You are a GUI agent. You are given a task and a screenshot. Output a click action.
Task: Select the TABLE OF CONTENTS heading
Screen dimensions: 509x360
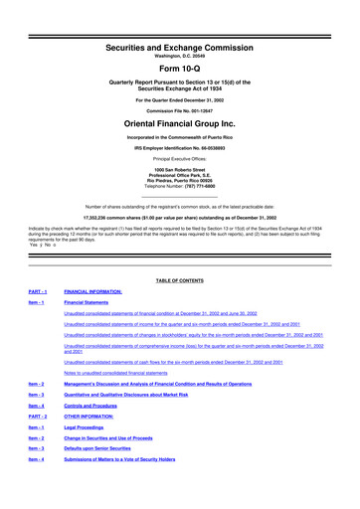180,281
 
